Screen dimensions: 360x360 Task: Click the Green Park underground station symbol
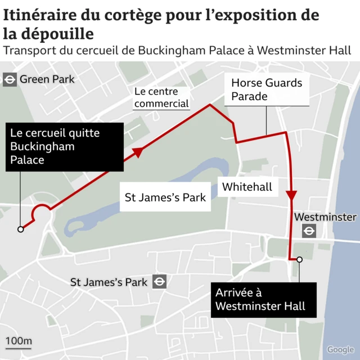tap(10, 79)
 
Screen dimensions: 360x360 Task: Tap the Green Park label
tap(47, 79)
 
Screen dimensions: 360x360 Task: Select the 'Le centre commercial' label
tap(161, 97)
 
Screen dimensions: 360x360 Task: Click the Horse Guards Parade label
tap(267, 89)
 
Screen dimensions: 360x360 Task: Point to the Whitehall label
tap(247, 187)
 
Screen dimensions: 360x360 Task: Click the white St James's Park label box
tap(165, 198)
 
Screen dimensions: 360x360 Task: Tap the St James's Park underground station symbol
tap(160, 282)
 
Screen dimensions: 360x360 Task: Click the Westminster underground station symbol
tap(309, 231)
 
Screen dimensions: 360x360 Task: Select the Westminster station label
tap(325, 217)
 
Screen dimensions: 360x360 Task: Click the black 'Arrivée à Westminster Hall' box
tap(263, 299)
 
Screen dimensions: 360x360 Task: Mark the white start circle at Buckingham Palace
tap(21, 229)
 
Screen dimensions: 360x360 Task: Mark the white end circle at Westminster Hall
tap(300, 259)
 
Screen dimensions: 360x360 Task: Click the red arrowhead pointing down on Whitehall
tap(291, 195)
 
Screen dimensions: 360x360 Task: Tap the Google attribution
tap(340, 349)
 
